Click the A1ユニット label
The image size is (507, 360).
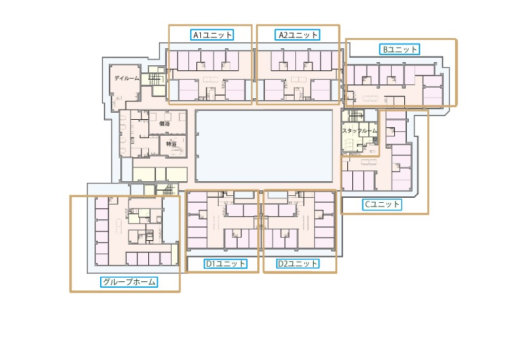212,35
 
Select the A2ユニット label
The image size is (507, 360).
298,35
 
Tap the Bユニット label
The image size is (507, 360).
400,49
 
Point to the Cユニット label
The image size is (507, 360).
382,205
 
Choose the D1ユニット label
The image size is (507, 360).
226,264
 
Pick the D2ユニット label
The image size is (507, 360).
298,264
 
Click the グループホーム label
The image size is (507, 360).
129,282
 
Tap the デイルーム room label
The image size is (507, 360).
126,79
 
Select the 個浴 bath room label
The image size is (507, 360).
165,123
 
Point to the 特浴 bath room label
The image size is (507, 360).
171,144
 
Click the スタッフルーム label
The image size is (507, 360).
359,131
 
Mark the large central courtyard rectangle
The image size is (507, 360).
264,146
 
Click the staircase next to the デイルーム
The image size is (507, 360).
155,79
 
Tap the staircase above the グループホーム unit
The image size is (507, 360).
167,190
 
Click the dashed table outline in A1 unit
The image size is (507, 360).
210,79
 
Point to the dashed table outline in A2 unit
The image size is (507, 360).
298,79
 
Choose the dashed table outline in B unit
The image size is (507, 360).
370,98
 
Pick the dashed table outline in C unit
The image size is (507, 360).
369,162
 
